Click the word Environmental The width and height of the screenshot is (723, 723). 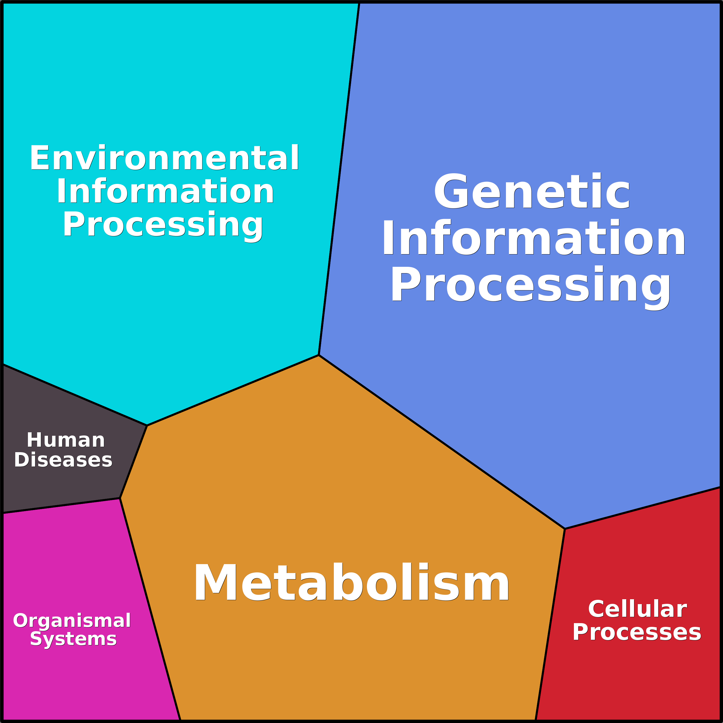(x=165, y=157)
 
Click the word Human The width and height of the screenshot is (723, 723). (x=66, y=440)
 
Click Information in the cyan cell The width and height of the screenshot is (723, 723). (x=165, y=191)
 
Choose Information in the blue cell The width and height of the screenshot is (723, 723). (x=534, y=237)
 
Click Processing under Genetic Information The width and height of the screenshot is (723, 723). (x=531, y=287)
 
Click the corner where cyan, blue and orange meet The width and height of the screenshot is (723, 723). (x=318, y=355)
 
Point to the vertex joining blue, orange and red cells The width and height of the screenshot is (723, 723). (x=565, y=529)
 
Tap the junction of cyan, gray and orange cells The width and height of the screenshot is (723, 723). (x=147, y=425)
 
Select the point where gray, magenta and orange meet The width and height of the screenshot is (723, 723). (x=120, y=498)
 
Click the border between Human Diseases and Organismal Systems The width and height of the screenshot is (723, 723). (x=61, y=506)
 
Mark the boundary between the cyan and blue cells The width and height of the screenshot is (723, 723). (x=339, y=179)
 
